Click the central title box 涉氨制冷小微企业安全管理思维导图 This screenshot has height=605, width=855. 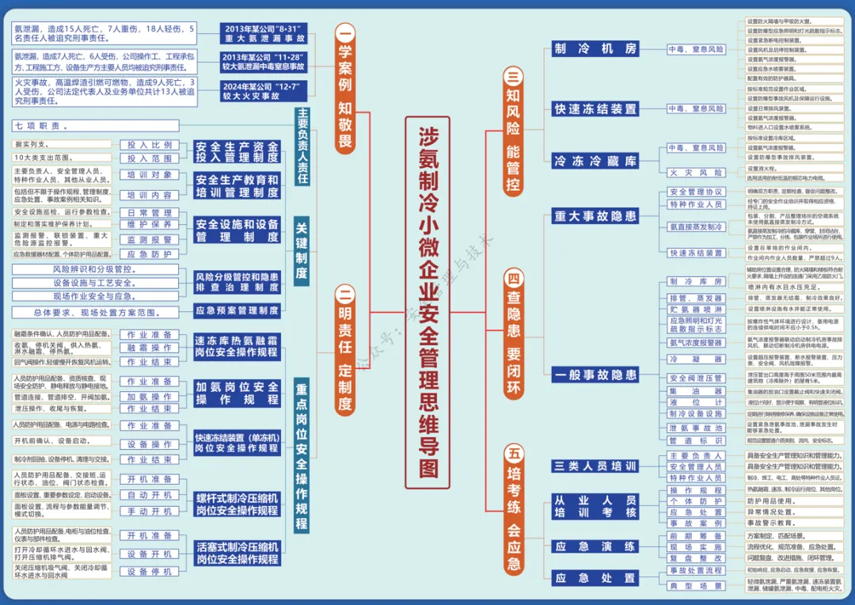click(427, 302)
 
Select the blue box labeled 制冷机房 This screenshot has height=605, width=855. click(595, 49)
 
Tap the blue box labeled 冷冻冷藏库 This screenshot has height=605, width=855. click(595, 162)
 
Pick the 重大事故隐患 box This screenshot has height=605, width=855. click(595, 215)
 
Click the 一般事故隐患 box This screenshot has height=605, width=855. click(595, 375)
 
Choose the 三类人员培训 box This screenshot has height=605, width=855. click(595, 466)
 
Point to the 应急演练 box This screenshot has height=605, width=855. click(595, 546)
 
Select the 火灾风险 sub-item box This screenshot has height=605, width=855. click(695, 172)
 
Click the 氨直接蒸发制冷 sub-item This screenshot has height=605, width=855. click(695, 227)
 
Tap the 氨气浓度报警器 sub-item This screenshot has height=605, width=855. click(695, 343)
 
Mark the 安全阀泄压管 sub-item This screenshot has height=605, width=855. click(695, 379)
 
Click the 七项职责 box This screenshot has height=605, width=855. click(96, 126)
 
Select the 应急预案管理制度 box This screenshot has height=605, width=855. click(237, 310)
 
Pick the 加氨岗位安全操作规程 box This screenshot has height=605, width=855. click(237, 393)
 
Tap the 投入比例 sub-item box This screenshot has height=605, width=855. click(149, 146)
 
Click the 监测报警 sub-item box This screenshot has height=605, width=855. click(149, 239)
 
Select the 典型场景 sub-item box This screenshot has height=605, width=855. click(695, 586)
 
